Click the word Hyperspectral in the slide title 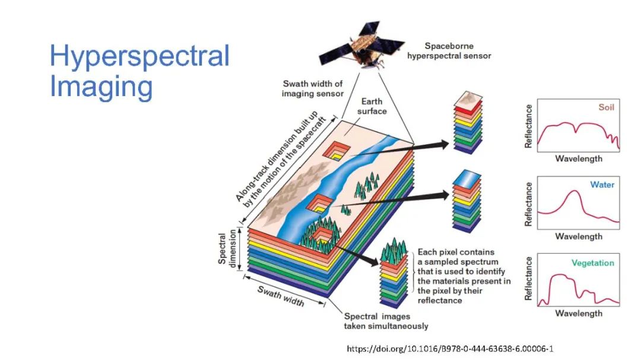point(139,57)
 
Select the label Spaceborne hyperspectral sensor point(449,50)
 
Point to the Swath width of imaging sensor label point(313,88)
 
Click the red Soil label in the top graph point(605,108)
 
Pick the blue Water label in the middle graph point(602,185)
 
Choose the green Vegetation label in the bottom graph point(592,263)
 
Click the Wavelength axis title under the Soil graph point(578,158)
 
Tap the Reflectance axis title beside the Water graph point(528,203)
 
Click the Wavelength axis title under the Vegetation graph point(578,313)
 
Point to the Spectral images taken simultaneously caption point(386,321)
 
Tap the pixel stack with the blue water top point(466,202)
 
